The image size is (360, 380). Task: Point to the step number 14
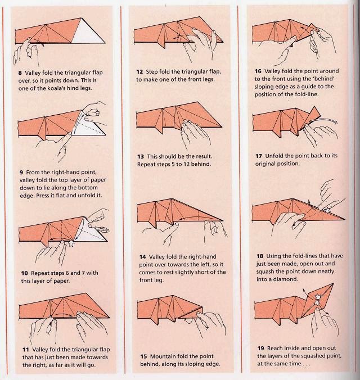click(x=142, y=257)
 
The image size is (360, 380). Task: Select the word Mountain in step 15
click(x=164, y=356)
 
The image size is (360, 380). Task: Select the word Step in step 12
click(x=155, y=72)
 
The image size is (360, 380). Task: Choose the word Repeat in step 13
click(x=148, y=165)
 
